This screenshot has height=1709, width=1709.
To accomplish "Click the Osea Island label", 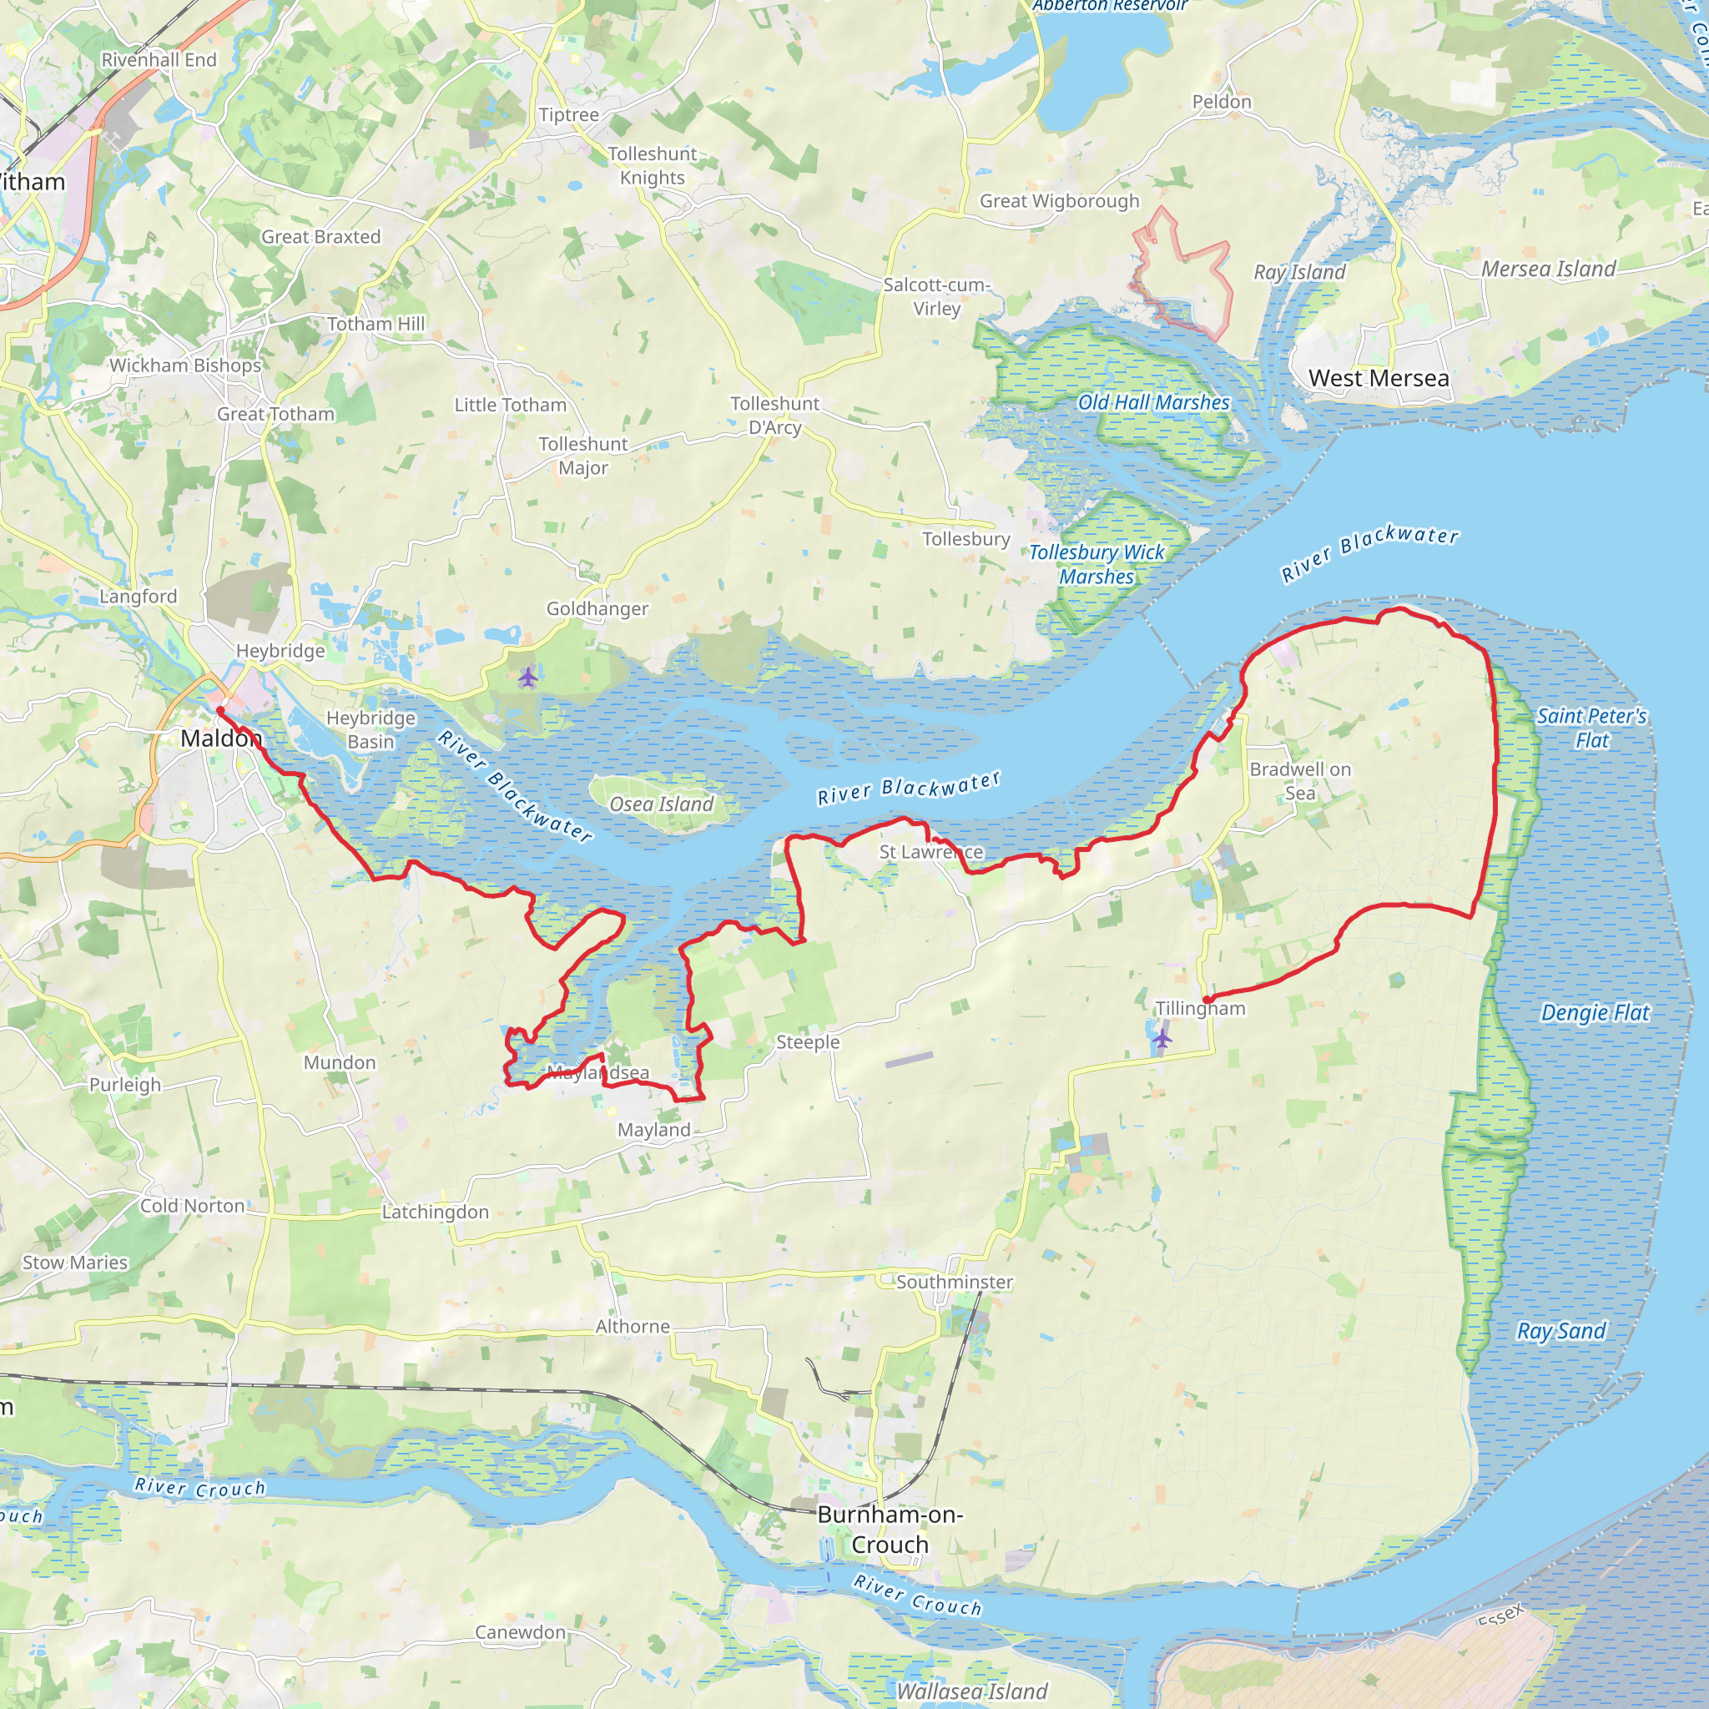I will pos(661,804).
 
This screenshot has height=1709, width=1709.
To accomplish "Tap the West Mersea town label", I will pos(1379,379).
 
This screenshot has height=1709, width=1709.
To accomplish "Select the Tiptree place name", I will pos(569,115).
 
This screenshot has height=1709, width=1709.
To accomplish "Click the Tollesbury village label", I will pos(966,539).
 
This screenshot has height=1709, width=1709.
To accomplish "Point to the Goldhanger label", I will pos(597,608).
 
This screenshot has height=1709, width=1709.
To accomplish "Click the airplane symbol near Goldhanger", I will pos(528,678).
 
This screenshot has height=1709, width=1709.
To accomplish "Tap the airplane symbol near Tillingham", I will pos(1162,1038).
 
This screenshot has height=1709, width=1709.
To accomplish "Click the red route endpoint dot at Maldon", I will pos(220,710).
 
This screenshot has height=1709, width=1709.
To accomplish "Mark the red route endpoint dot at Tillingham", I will pos(1207,1000).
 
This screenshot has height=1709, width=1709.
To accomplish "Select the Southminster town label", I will pos(955,1282).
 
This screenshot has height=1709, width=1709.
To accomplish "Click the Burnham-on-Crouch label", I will pos(890,1530).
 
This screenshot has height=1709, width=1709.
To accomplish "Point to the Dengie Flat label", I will pos(1595,1013).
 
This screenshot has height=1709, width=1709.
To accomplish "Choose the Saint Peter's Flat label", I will pos(1591,728).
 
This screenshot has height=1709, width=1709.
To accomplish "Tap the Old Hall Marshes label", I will pos(1153,402).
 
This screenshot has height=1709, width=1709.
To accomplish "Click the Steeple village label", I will pos(808,1042).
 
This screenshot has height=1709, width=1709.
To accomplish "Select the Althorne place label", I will pos(633,1326).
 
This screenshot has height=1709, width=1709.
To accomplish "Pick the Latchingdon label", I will pos(436,1212).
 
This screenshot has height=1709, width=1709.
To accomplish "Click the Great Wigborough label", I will pos(1059,201).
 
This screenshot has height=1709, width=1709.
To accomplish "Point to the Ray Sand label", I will pos(1561,1331).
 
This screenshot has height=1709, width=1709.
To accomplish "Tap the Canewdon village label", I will pos(520,1632).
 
